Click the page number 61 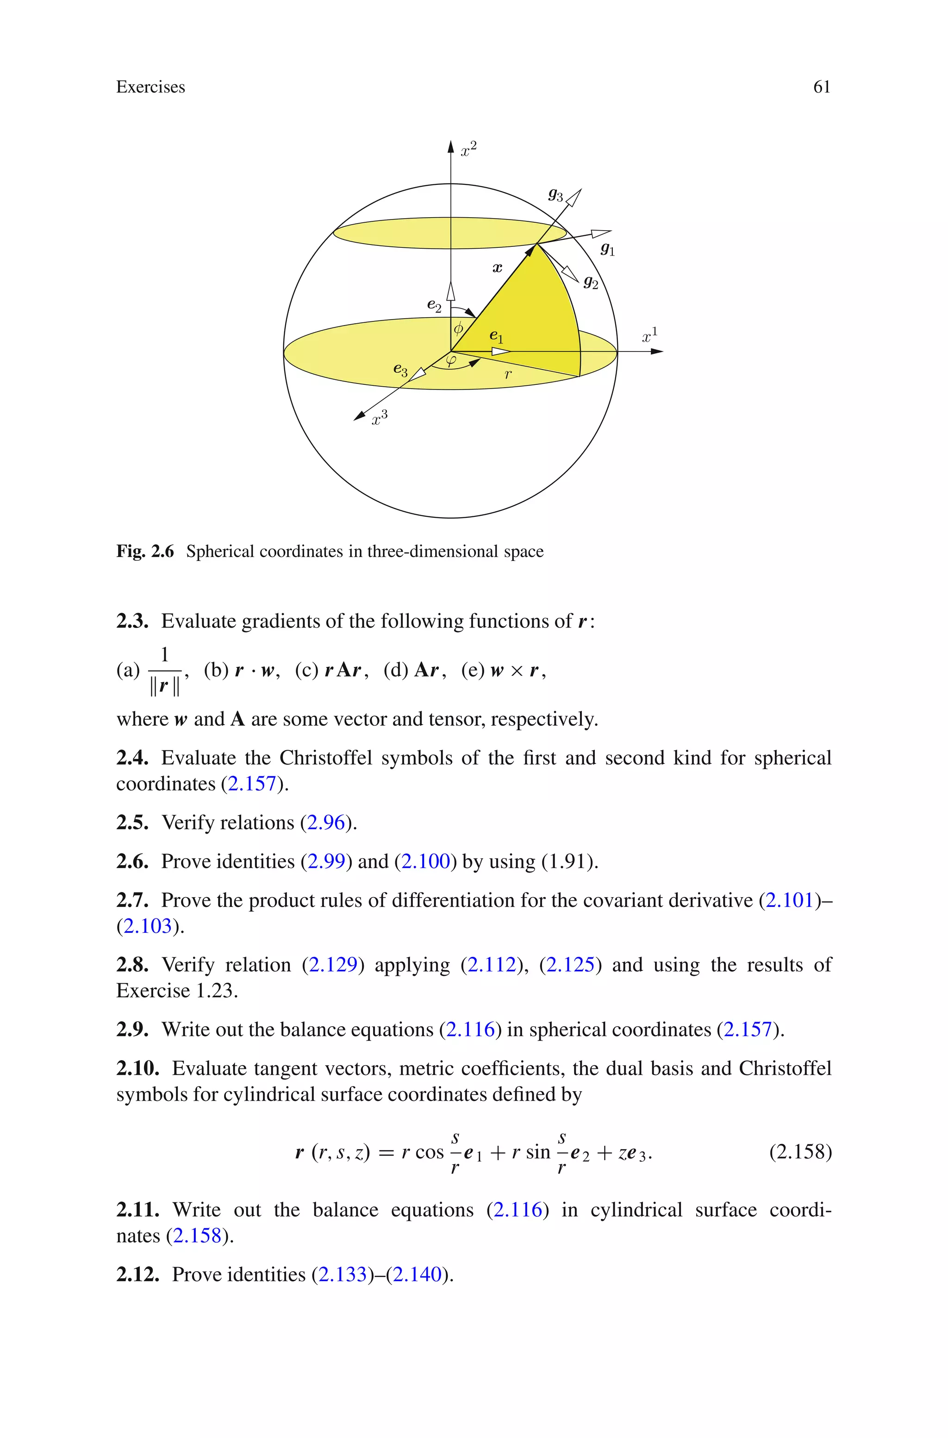[821, 87]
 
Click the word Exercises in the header [150, 87]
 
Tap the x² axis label [468, 149]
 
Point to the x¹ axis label [649, 336]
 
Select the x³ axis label [379, 418]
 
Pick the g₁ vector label [607, 249]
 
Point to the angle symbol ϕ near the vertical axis [458, 328]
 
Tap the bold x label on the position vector [497, 267]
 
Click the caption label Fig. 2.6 [145, 552]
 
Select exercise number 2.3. [132, 621]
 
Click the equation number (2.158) [800, 1152]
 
